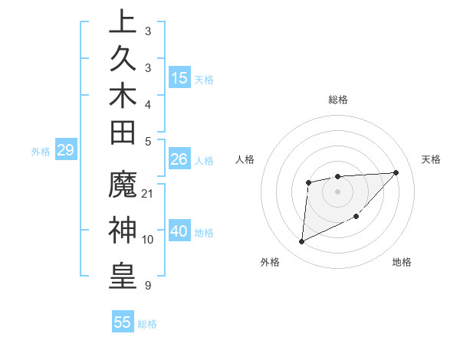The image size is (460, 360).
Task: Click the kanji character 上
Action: pos(123,21)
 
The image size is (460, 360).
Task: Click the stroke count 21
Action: pos(148,193)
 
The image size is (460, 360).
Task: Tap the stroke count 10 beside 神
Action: pos(148,239)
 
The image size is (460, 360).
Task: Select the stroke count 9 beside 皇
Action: pos(148,286)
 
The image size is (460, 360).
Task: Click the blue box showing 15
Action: pos(179,77)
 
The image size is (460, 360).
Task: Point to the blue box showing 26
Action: pos(179,159)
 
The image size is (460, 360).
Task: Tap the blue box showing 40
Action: pos(179,231)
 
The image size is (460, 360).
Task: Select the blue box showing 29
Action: pos(65,150)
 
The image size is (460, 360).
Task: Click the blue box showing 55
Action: pos(123,322)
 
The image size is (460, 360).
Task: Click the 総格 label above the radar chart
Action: pos(337,100)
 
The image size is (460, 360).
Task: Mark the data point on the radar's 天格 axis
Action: pos(396,172)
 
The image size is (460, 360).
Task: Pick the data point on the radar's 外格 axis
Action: pos(301,242)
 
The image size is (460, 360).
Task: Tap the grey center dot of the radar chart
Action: pos(337,190)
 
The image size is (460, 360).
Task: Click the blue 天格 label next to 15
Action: pos(204,79)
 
